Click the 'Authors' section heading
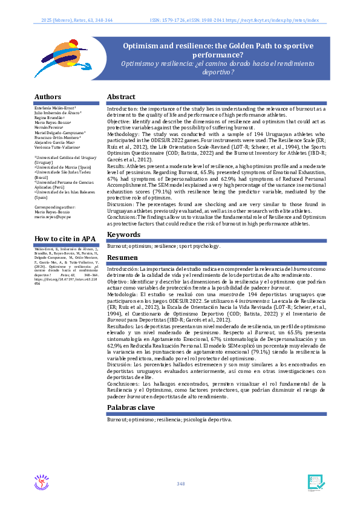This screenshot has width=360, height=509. coord(48,97)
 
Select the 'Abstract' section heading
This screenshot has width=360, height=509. coord(121,97)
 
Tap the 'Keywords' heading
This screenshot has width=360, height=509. coord(125,235)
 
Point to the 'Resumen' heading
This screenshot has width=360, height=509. coord(123,257)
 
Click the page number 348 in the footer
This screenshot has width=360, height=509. coord(180,484)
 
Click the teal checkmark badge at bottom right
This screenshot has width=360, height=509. coord(316,482)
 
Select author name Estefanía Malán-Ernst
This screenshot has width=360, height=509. coord(55,107)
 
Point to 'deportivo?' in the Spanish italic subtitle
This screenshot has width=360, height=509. coord(219,71)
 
